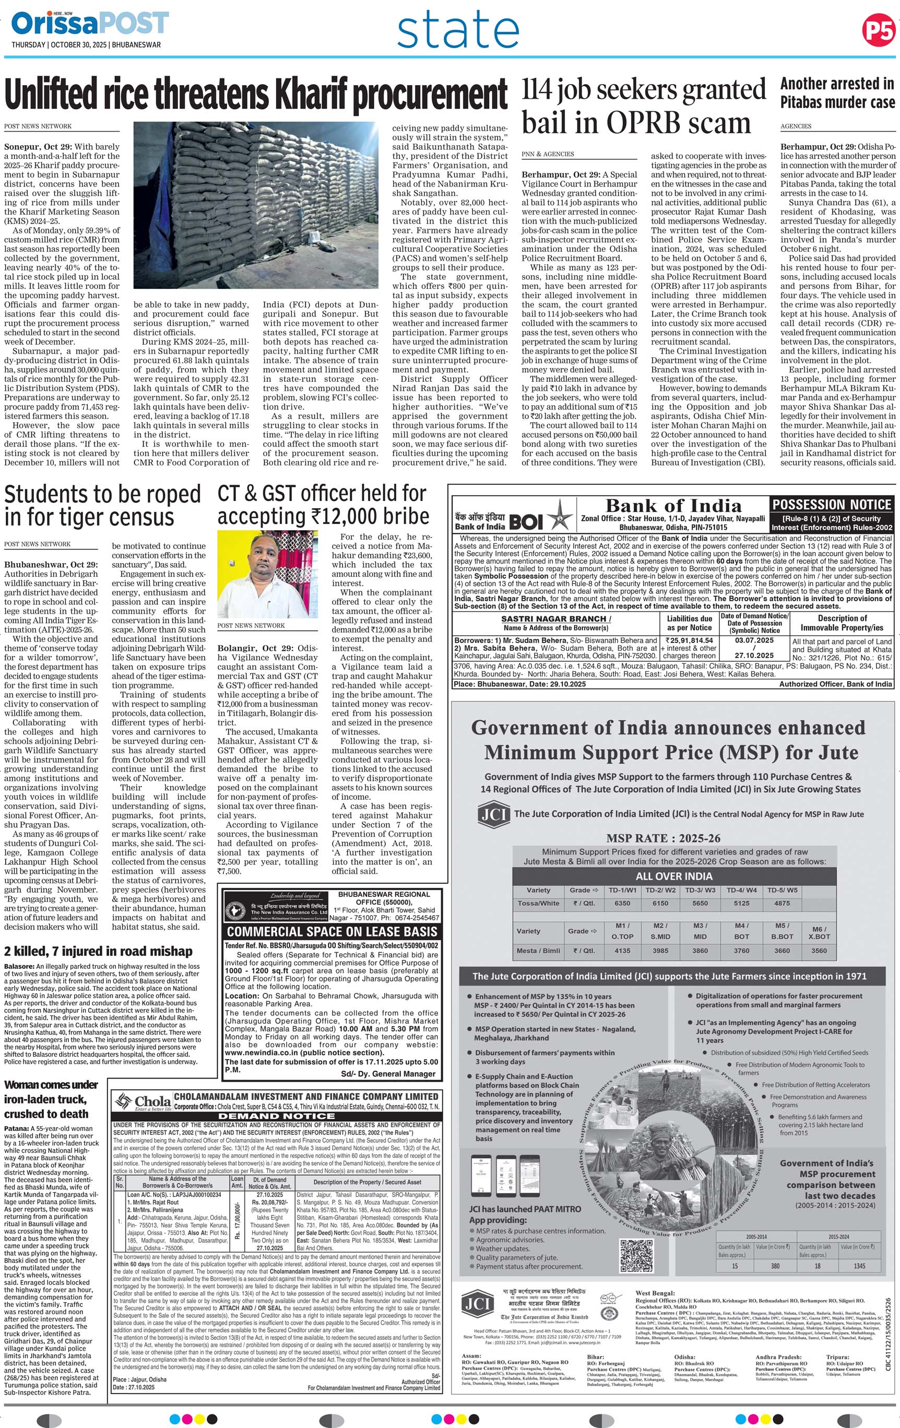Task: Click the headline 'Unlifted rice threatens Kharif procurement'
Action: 255,95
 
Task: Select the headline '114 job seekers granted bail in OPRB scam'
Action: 644,107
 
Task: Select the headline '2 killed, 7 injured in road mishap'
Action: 99,951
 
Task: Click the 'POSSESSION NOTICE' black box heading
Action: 831,505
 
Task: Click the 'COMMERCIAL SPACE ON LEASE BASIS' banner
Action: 331,931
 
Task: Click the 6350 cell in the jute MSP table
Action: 622,903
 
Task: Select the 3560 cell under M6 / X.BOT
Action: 819,951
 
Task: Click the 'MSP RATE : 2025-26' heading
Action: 664,838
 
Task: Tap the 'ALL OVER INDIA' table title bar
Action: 673,876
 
